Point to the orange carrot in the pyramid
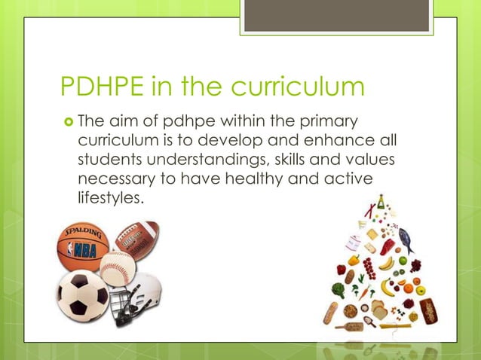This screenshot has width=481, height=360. pos(363,290)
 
